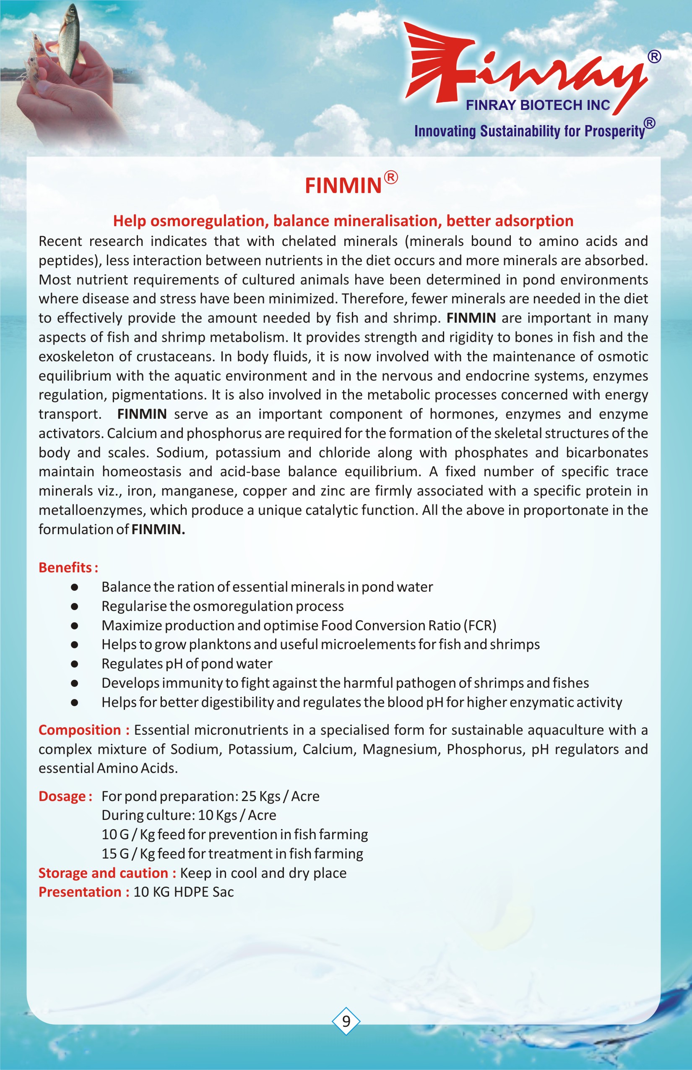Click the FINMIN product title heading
[x=343, y=185]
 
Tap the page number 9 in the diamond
[x=346, y=1021]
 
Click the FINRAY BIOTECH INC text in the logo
[x=538, y=105]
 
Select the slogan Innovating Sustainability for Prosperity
[x=529, y=131]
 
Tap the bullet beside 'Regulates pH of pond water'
[x=75, y=663]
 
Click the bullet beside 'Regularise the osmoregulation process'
[x=75, y=606]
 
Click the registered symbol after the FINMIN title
[x=391, y=178]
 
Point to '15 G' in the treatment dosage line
[x=115, y=853]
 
